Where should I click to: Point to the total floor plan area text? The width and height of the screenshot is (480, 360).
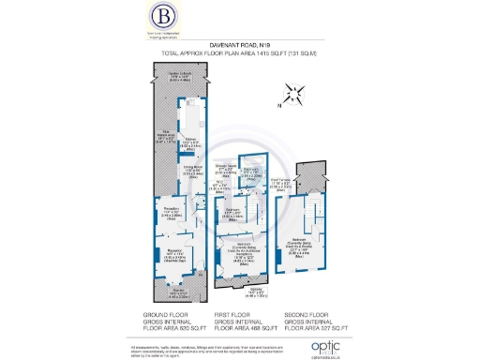[240, 65]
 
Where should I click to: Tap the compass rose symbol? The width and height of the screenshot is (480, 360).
[297, 93]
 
